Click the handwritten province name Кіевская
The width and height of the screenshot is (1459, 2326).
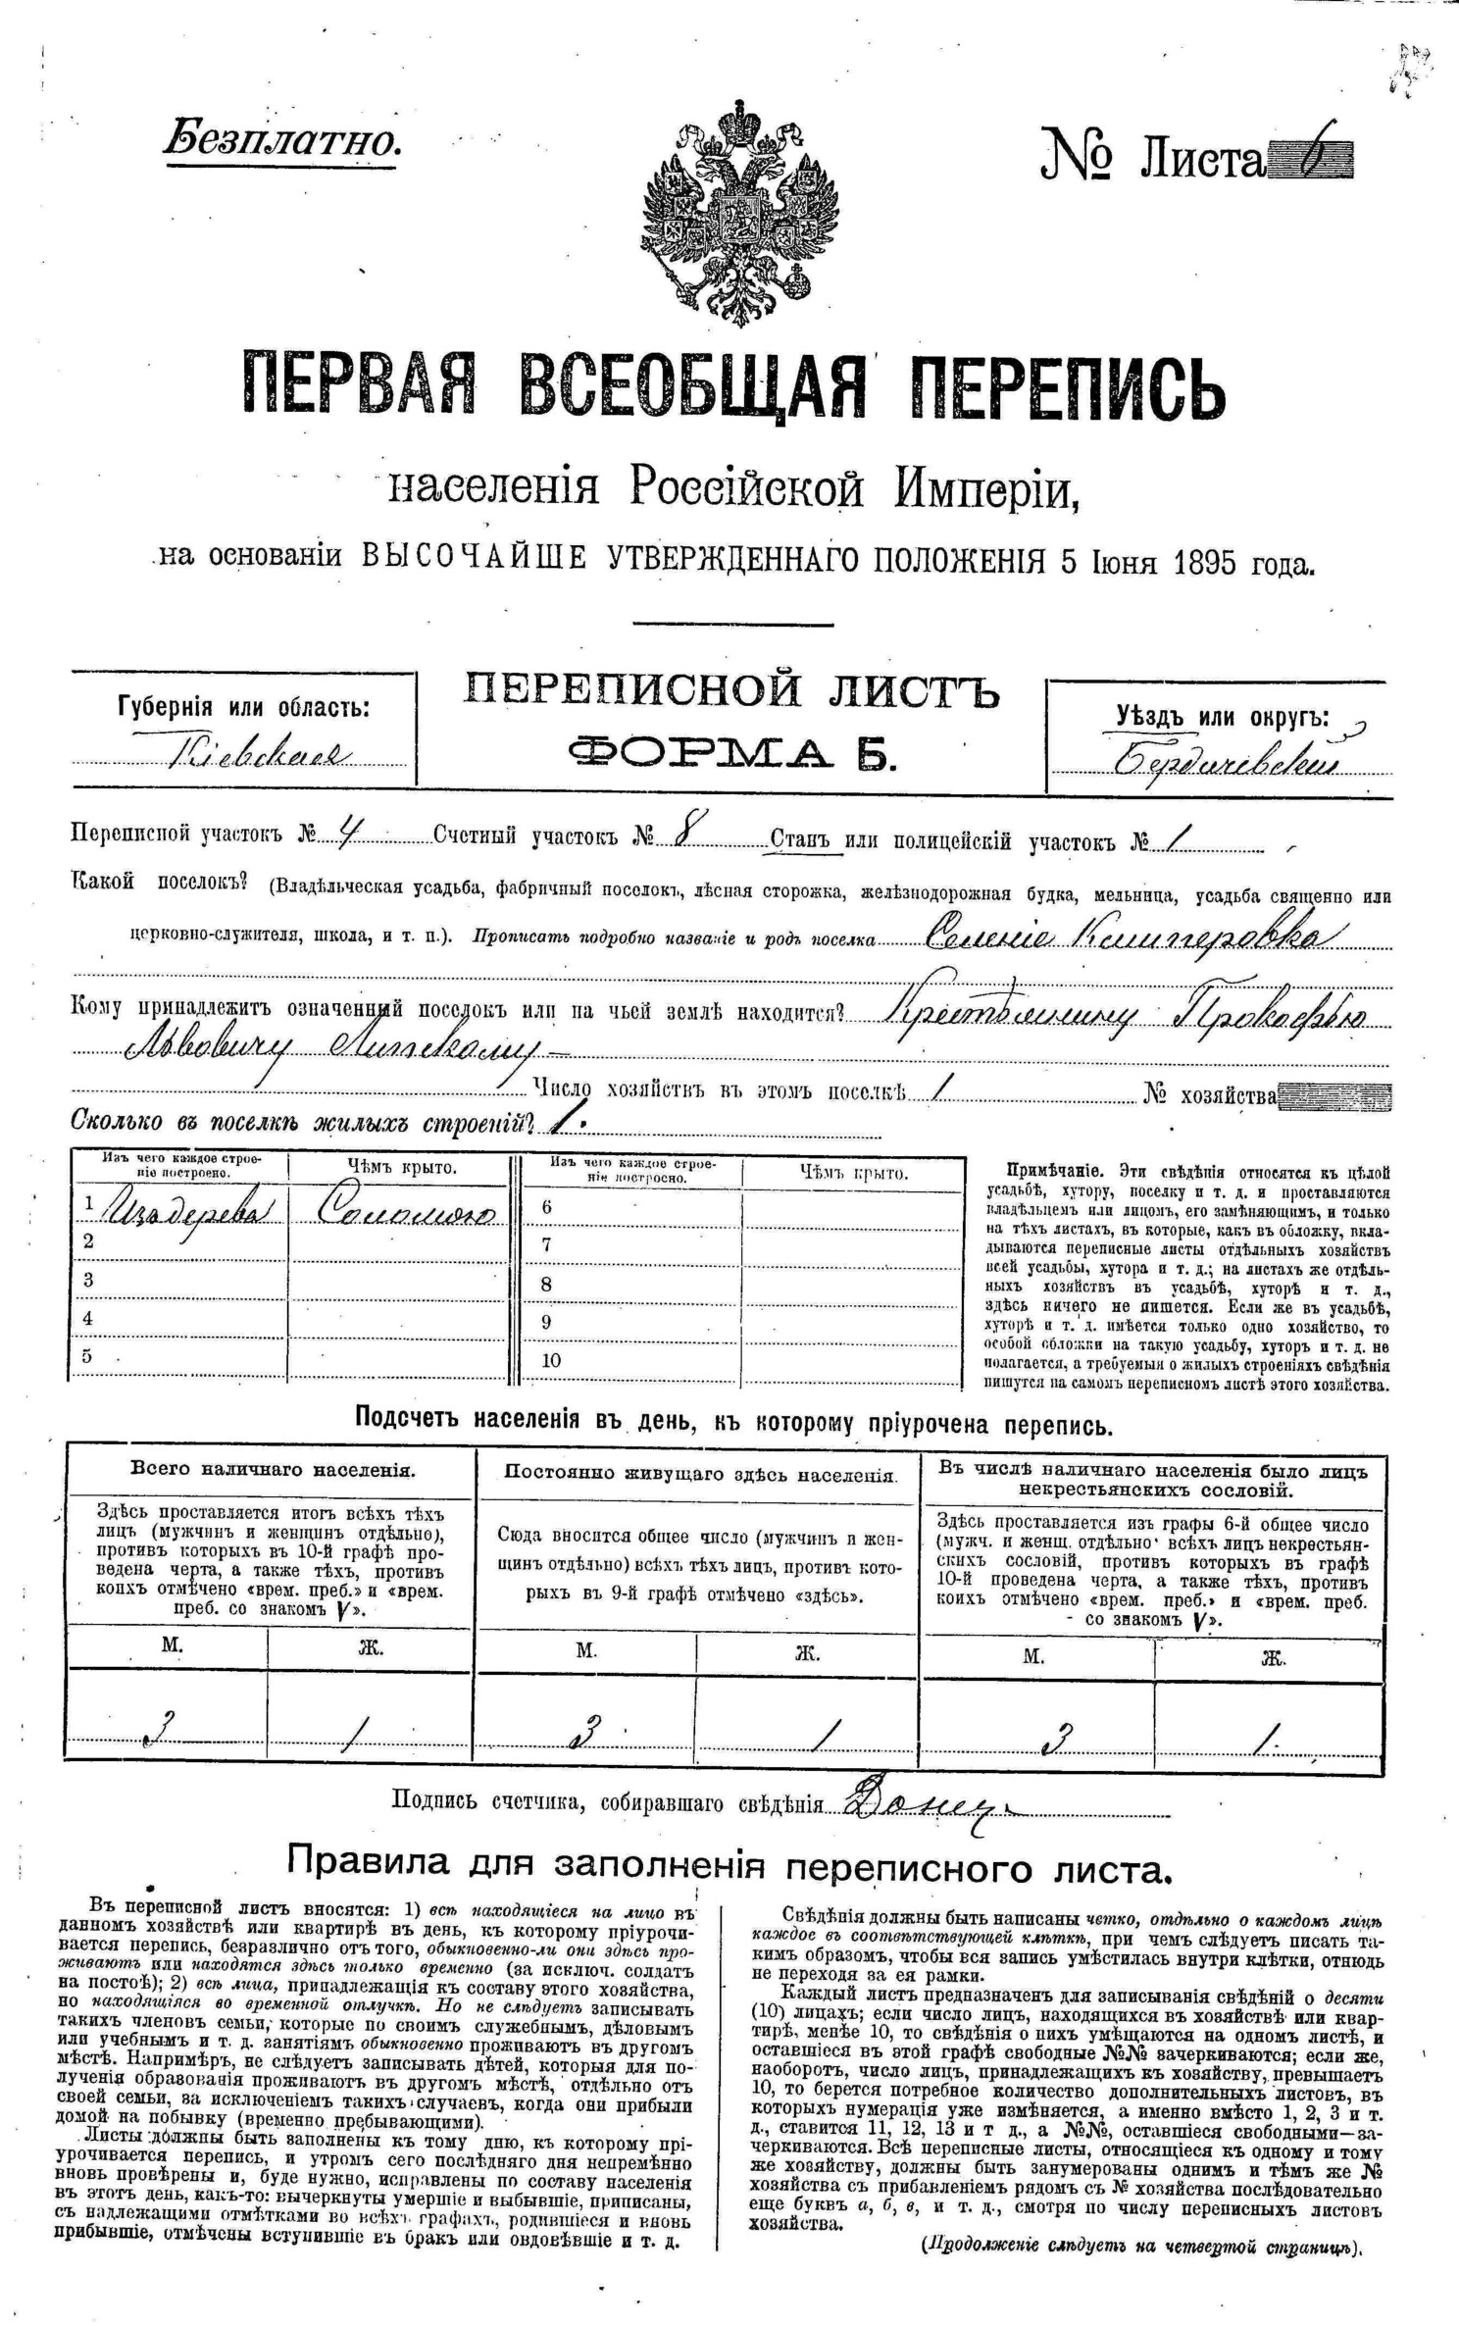(x=260, y=754)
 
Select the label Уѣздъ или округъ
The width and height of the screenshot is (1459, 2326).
(x=1222, y=717)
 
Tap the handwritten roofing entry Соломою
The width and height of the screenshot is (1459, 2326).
(x=407, y=1214)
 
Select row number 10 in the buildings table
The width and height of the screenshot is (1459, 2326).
(x=551, y=1360)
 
